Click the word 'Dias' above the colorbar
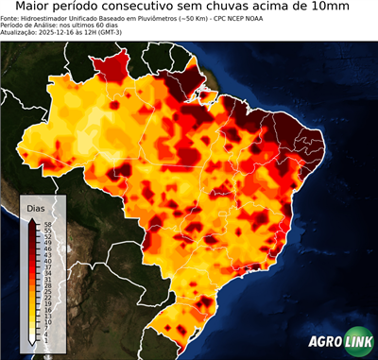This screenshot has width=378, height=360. [x=36, y=207]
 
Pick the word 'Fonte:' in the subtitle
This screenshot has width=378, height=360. [x=11, y=18]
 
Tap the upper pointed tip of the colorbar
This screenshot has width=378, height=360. [x=32, y=219]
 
